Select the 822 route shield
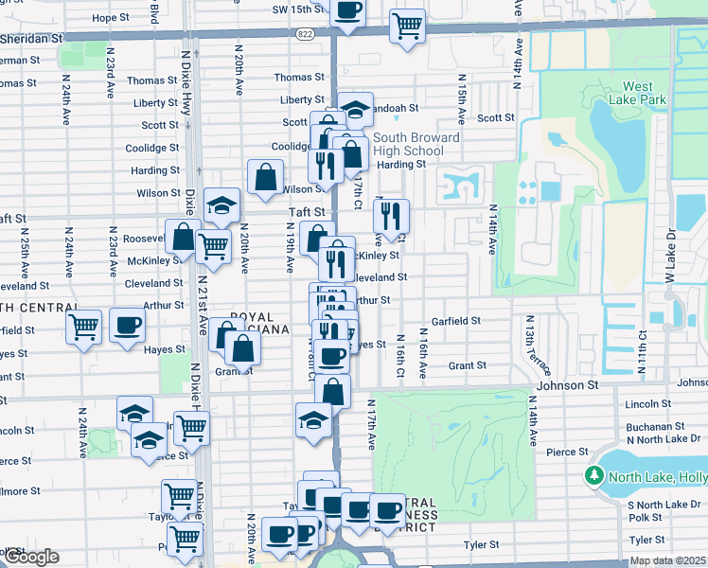[303, 33]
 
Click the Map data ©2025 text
[668, 561]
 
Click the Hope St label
[111, 18]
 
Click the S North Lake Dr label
[662, 504]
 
